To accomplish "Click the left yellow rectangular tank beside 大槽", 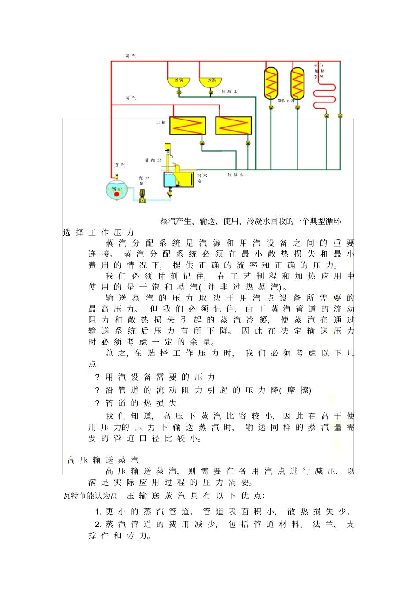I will [x=188, y=126].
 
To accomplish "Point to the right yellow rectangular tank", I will [x=233, y=126].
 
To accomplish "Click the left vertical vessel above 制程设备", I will [x=271, y=83].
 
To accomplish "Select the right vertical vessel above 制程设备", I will [x=297, y=83].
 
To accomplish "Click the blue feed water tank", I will [x=174, y=180].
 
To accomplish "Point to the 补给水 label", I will [x=153, y=160].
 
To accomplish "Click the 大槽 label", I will [x=161, y=123].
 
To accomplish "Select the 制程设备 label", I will [x=286, y=101].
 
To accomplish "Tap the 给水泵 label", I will [x=144, y=181].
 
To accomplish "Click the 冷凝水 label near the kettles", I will [x=229, y=92].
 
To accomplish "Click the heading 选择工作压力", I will [x=99, y=232].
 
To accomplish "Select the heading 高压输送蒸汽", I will [x=103, y=460].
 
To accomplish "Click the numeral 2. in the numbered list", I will [x=98, y=524].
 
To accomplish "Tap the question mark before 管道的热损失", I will [x=97, y=403].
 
